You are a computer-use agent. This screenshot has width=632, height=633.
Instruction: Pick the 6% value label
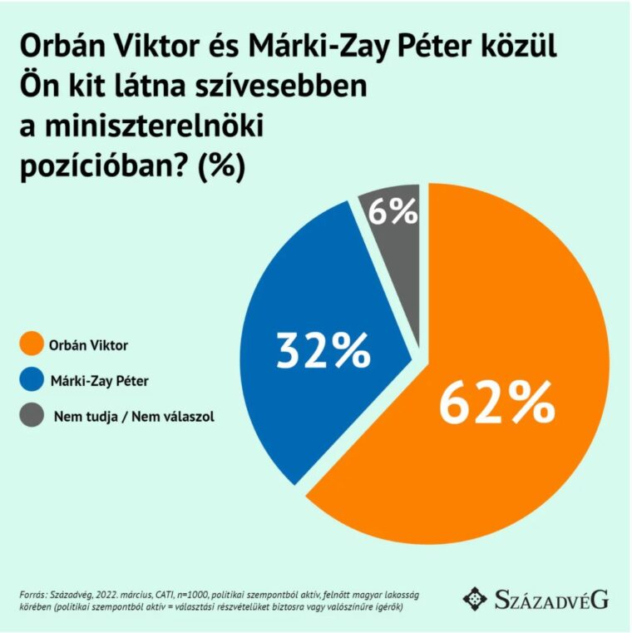pyautogui.click(x=393, y=213)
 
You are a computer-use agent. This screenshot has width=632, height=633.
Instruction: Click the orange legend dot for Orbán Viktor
pyautogui.click(x=31, y=343)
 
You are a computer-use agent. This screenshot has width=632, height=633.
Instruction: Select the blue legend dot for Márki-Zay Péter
pyautogui.click(x=31, y=379)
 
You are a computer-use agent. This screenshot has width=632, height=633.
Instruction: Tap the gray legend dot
pyautogui.click(x=31, y=416)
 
